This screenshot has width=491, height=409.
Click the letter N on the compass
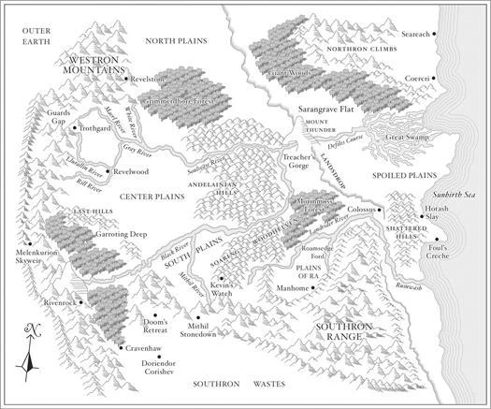click(33, 327)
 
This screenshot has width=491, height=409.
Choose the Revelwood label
click(130, 173)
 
